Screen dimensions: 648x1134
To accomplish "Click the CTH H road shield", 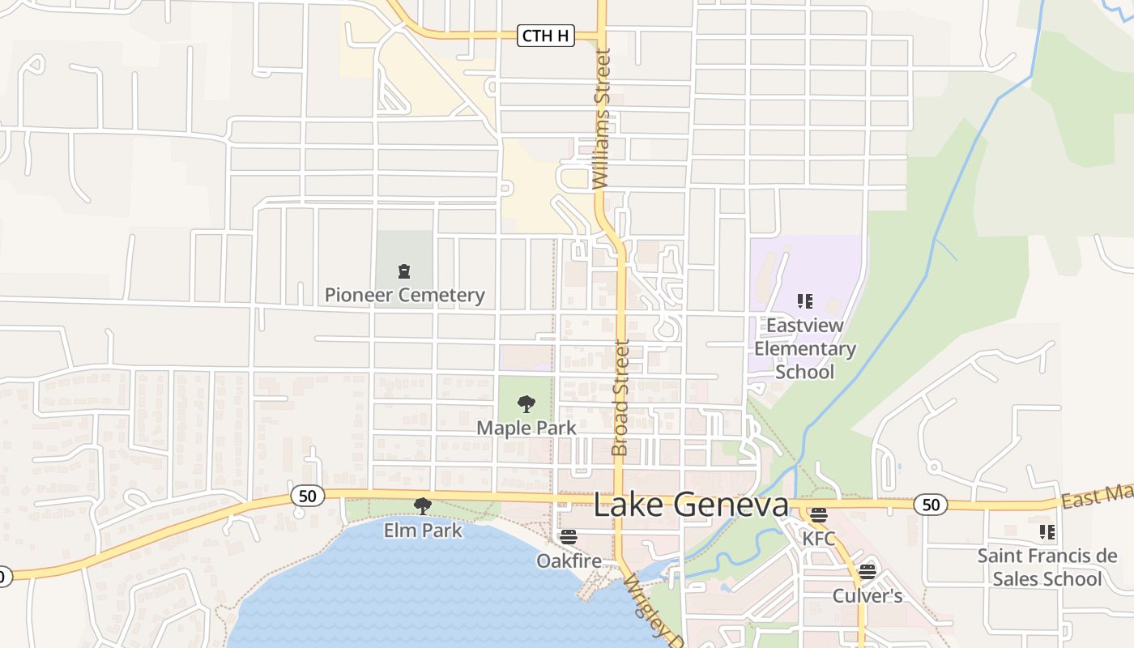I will [546, 36].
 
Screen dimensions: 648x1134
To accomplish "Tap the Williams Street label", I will [602, 119].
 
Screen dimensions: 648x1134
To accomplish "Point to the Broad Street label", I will [620, 397].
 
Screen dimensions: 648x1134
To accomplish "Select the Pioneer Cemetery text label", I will [404, 295].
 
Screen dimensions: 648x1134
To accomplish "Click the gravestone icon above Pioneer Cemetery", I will [403, 271].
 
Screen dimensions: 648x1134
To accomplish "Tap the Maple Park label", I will [526, 427].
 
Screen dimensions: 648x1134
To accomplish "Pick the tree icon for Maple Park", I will [526, 403].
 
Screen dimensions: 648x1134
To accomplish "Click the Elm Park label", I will [423, 531].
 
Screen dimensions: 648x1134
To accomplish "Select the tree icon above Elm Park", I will [422, 506].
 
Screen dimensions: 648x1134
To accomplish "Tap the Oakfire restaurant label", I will [569, 561].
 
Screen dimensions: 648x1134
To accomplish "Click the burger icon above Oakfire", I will [569, 537].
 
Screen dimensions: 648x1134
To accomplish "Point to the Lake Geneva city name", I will [691, 505].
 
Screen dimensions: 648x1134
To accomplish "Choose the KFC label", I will [818, 538].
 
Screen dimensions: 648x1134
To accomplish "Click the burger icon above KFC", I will [818, 515].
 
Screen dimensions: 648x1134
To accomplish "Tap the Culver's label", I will [868, 596].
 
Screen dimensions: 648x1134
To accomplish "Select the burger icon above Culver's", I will [868, 572].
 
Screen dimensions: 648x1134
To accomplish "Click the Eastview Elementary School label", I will [804, 348].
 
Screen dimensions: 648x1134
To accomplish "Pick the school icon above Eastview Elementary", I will [804, 301].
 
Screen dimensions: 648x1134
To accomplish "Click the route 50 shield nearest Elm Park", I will [308, 496].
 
